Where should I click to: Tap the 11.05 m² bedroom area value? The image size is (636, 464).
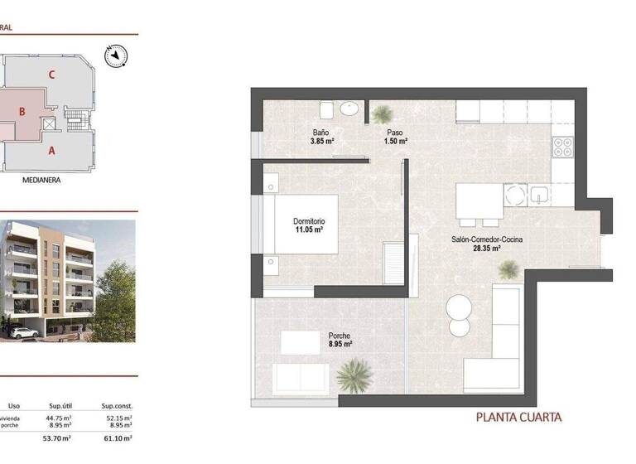click(309, 230)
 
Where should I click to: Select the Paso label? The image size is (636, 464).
click(395, 133)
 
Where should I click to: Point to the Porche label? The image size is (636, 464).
click(340, 336)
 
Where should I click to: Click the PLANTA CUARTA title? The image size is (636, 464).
click(519, 417)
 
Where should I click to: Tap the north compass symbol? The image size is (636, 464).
click(114, 56)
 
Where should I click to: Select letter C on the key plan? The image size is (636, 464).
click(51, 75)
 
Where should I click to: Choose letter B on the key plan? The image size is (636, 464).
click(23, 111)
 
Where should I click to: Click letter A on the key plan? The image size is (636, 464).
click(51, 151)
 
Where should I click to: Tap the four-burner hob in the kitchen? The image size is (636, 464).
click(563, 147)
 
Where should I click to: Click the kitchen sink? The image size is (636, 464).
click(541, 195)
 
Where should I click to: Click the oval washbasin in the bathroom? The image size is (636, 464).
click(350, 108)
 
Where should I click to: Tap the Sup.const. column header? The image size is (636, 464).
click(117, 406)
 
